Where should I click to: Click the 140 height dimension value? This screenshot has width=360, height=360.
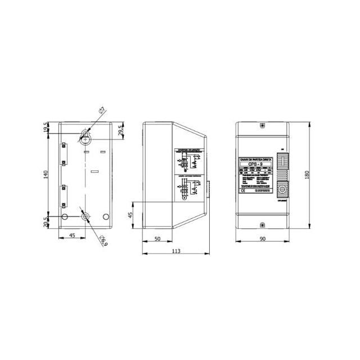(46, 174)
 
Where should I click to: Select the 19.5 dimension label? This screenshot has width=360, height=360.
(46, 129)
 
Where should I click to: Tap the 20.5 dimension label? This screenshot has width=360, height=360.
(46, 223)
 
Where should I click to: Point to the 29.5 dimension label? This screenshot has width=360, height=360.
(120, 130)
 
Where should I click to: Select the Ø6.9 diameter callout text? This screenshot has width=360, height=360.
(103, 241)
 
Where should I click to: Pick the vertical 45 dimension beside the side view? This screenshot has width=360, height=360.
(130, 215)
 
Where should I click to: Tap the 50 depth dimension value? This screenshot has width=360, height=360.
(158, 239)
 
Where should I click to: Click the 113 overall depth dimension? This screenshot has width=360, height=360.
(176, 251)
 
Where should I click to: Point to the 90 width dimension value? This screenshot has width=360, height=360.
(262, 239)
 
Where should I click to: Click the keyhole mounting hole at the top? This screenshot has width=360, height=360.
(85, 135)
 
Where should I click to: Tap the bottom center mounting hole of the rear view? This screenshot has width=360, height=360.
(85, 217)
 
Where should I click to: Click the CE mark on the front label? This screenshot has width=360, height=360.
(242, 191)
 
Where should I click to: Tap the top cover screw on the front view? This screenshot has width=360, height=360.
(262, 127)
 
